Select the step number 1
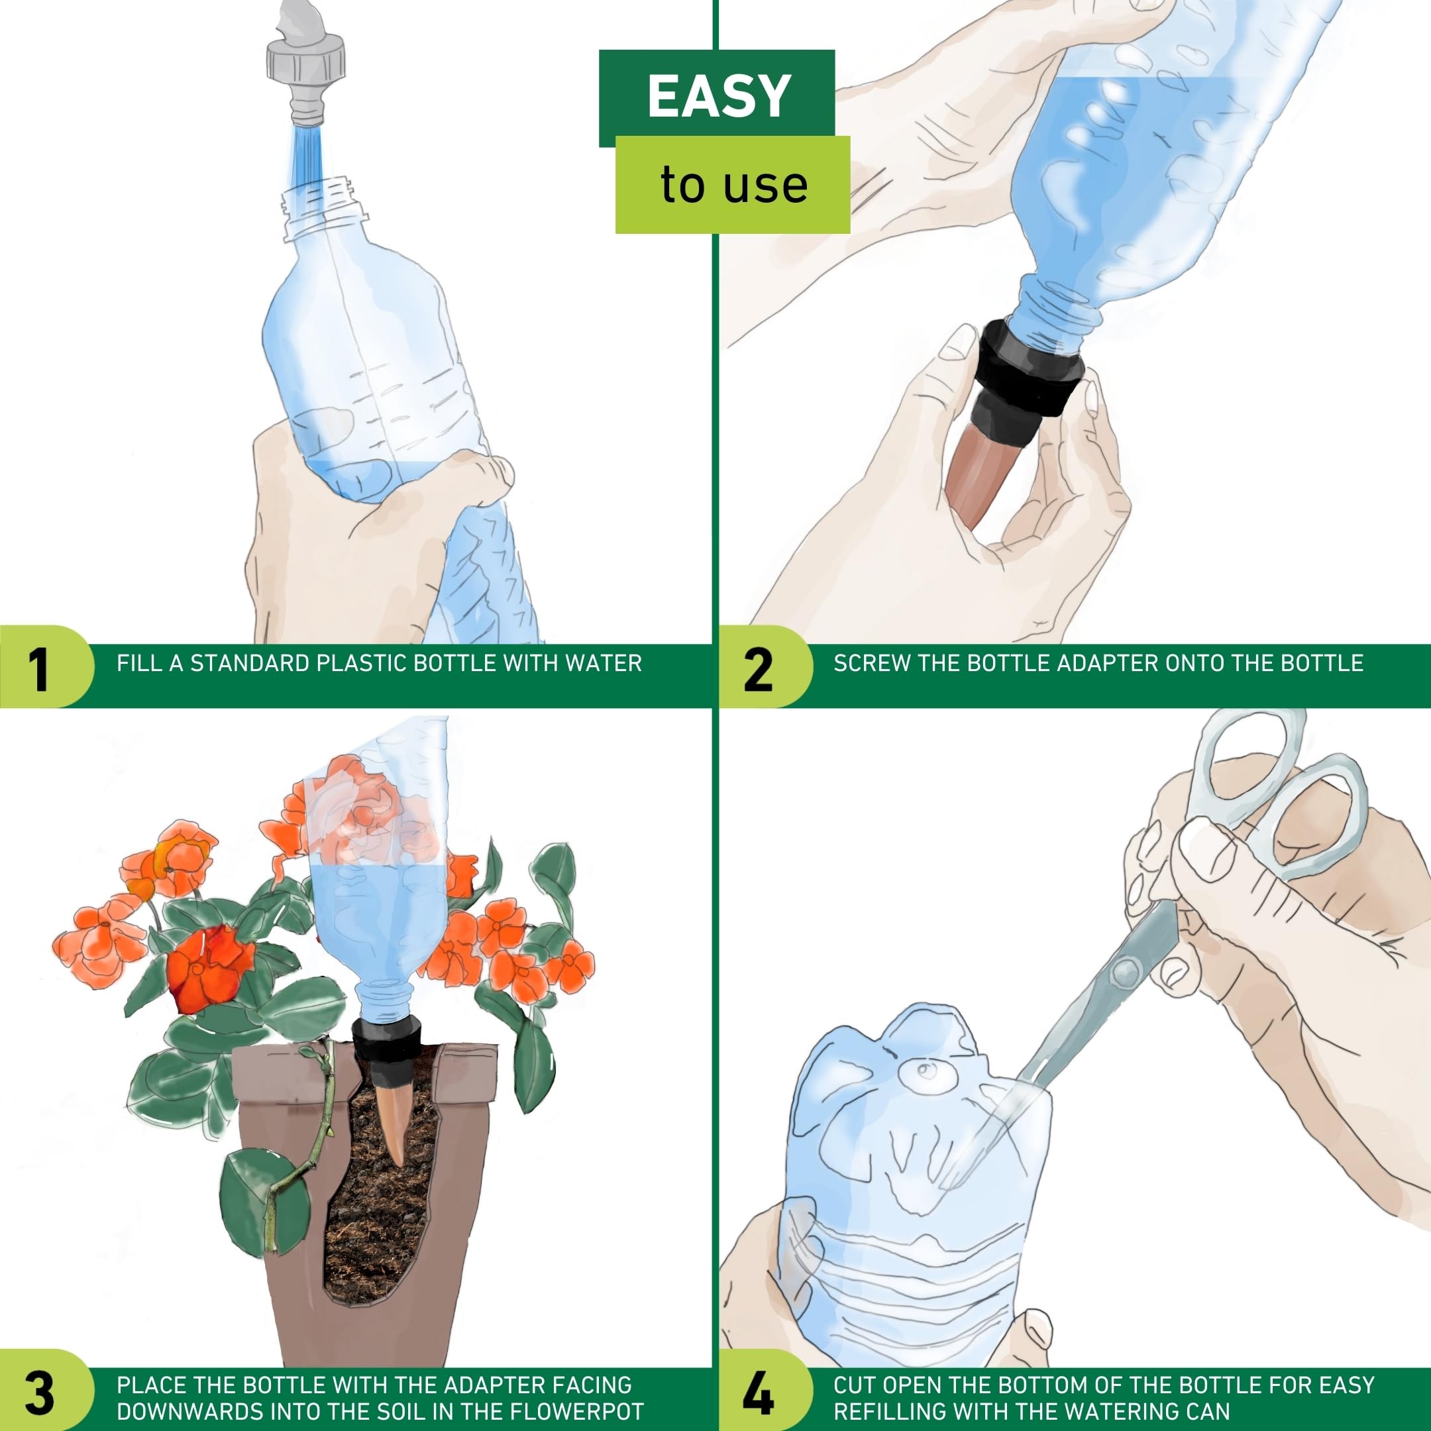[38, 670]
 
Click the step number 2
[758, 670]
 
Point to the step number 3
[39, 1393]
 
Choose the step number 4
[759, 1393]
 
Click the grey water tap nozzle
[306, 63]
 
